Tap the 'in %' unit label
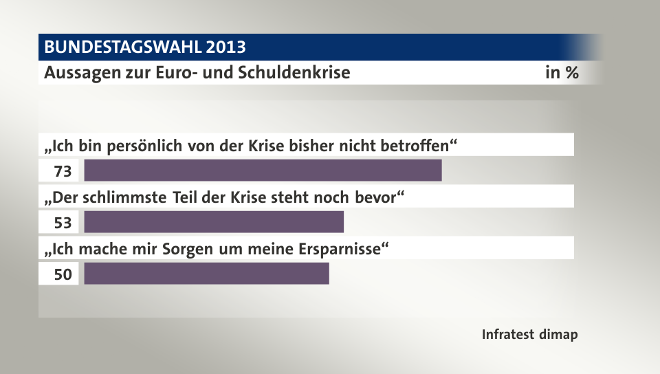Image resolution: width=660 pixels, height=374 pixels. coord(561,73)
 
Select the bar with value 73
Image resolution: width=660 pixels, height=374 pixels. coord(263,170)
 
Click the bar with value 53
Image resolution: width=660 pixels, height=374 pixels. coord(213,222)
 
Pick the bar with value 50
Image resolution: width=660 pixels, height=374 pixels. coord(206,274)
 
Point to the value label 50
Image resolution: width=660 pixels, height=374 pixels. coord(63,274)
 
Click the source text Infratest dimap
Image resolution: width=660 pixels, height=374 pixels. coord(529,335)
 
